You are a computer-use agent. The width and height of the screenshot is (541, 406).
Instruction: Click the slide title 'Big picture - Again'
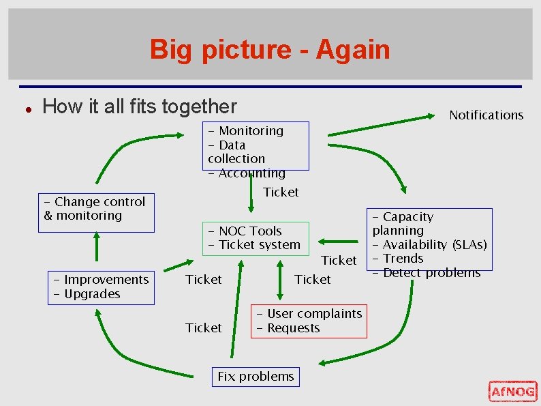pyautogui.click(x=270, y=50)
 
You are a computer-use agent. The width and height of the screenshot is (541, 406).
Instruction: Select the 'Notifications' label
pyautogui.click(x=486, y=115)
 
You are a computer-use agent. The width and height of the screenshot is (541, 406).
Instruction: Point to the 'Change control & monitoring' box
pyautogui.click(x=96, y=212)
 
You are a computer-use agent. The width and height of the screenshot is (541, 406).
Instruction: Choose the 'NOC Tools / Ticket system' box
pyautogui.click(x=255, y=238)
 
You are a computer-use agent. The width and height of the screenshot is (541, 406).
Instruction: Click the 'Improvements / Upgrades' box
pyautogui.click(x=101, y=287)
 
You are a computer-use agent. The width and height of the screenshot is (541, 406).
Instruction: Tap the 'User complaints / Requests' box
pyautogui.click(x=309, y=321)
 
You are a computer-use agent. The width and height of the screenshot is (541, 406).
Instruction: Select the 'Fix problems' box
pyautogui.click(x=256, y=377)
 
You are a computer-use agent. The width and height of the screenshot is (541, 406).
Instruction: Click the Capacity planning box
pyautogui.click(x=429, y=239)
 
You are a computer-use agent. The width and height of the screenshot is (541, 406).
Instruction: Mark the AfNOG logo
pyautogui.click(x=512, y=391)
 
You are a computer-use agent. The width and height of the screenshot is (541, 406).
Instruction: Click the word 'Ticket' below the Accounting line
pyautogui.click(x=281, y=192)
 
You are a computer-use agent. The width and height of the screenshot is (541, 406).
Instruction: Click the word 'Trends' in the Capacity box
pyautogui.click(x=403, y=259)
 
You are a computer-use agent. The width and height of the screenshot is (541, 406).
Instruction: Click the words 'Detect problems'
pyautogui.click(x=432, y=273)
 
